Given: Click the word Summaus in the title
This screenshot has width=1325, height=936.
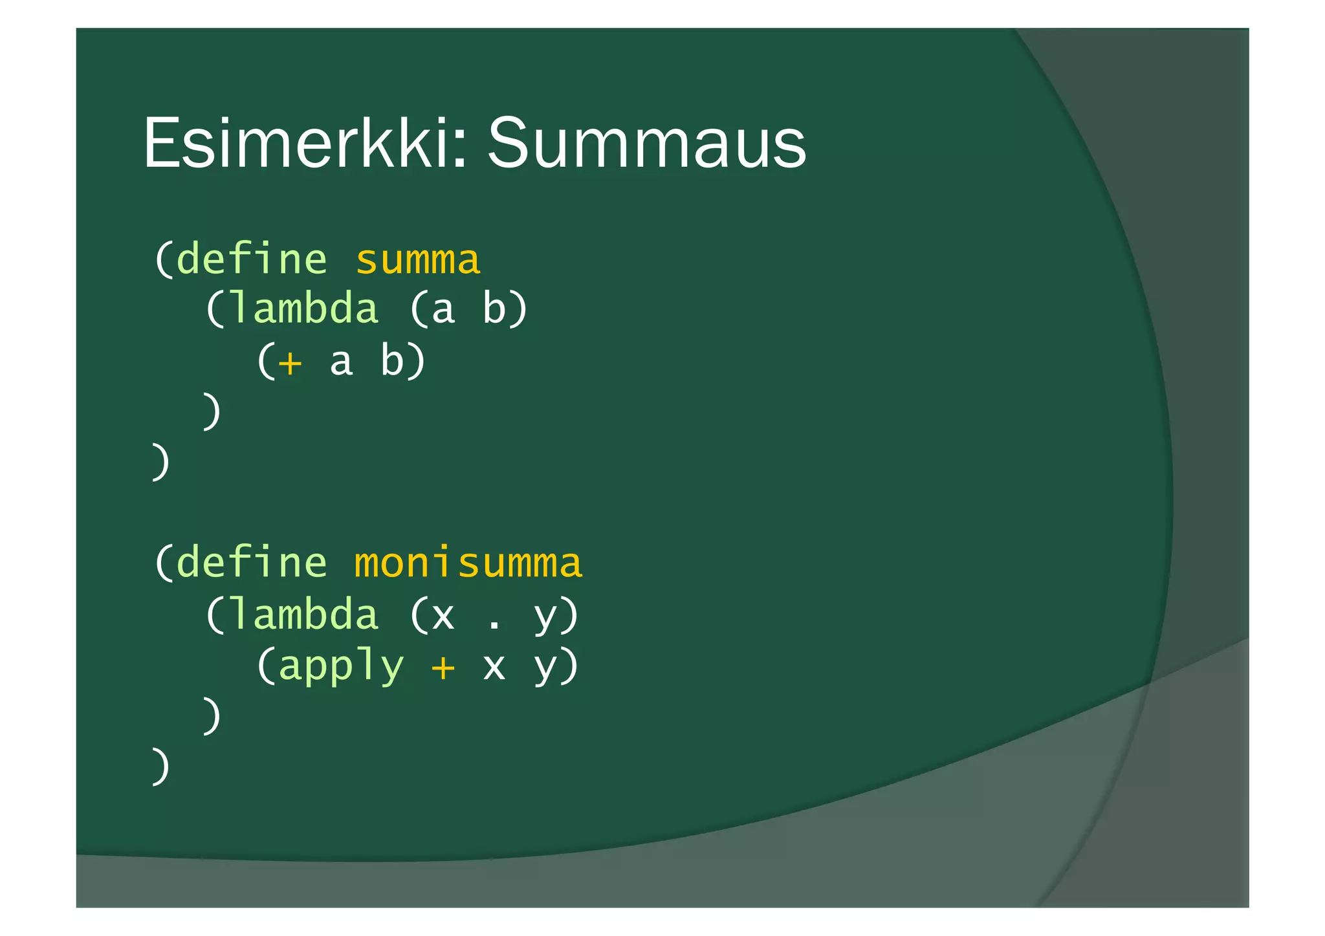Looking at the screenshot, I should click(x=646, y=144).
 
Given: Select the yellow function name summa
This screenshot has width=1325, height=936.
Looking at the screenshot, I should click(x=418, y=260).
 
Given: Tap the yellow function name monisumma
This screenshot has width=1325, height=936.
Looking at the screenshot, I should click(x=468, y=563).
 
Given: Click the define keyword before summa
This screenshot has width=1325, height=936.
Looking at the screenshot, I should click(x=252, y=260).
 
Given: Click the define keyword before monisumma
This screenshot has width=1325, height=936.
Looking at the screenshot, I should click(x=252, y=563).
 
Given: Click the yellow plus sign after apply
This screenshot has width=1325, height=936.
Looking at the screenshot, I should click(x=443, y=666).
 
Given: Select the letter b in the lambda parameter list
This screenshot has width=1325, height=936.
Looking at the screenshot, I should click(x=494, y=309).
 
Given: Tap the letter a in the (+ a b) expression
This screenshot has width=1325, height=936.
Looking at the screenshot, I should click(x=341, y=362).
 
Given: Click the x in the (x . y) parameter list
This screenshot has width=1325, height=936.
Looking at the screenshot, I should click(x=443, y=616).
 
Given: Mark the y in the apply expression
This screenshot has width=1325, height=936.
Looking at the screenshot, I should click(x=545, y=668).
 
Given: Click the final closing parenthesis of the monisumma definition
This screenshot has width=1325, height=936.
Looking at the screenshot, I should click(x=161, y=767).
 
